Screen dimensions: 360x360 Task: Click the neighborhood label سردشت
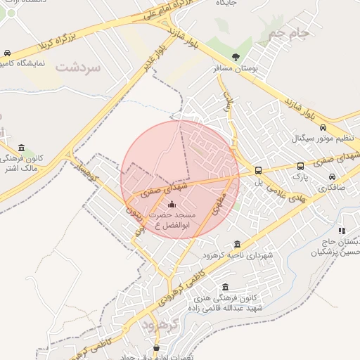pyautogui.click(x=79, y=67)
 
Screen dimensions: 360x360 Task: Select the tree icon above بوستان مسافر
pyautogui.click(x=236, y=58)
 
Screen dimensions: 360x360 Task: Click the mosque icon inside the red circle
pyautogui.click(x=173, y=204)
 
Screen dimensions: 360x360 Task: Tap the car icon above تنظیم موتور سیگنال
pyautogui.click(x=323, y=127)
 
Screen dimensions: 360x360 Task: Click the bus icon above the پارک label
pyautogui.click(x=301, y=167)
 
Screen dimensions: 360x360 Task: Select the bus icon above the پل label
pyautogui.click(x=258, y=170)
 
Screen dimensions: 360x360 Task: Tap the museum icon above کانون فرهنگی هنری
pyautogui.click(x=225, y=287)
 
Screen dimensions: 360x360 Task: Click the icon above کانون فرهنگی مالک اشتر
pyautogui.click(x=21, y=148)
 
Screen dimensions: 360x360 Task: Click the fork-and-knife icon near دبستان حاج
pyautogui.click(x=342, y=230)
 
